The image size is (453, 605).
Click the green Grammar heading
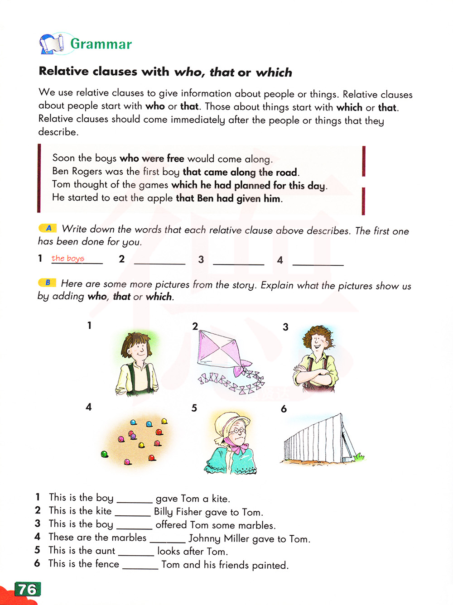[101, 44]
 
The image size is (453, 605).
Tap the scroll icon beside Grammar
[51, 44]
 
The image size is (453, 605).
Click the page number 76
[27, 589]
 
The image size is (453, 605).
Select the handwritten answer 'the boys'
[68, 258]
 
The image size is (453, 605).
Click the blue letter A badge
[48, 228]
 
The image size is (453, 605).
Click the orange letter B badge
[47, 283]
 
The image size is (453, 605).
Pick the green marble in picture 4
[104, 454]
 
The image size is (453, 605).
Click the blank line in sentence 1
[135, 500]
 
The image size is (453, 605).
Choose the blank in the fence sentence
[140, 566]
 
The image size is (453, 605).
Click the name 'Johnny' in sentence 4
[205, 538]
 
